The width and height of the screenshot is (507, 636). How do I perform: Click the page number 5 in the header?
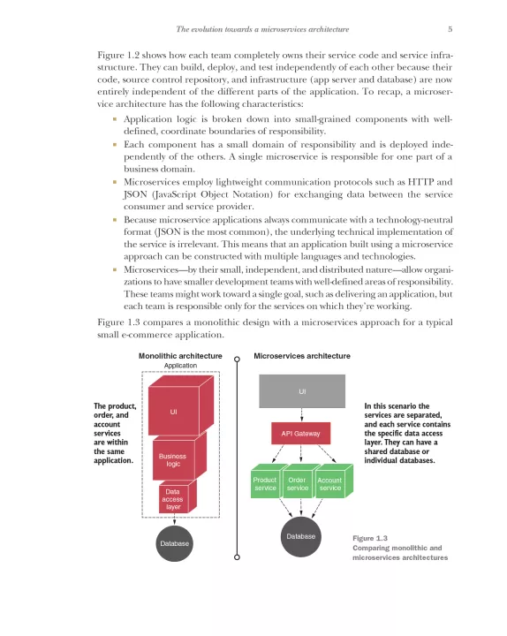point(450,29)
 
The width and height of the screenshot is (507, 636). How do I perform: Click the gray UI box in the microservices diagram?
point(302,391)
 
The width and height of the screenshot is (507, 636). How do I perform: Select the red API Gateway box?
point(300,433)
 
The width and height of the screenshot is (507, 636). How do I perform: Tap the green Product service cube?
point(266,482)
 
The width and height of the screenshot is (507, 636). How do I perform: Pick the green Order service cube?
point(298,482)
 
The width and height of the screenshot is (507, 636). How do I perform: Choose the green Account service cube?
point(333,482)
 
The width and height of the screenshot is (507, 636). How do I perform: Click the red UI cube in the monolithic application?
point(180,405)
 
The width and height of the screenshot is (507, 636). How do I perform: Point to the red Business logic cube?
point(179,456)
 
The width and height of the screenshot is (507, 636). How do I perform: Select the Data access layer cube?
point(178,496)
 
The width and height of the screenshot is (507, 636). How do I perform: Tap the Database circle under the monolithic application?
point(174,543)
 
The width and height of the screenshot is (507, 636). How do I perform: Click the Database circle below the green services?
point(301,537)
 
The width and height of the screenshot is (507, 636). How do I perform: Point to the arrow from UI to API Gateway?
point(301,415)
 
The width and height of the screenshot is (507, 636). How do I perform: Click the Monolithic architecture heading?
point(180,356)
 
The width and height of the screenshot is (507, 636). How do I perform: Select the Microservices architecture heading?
point(302,356)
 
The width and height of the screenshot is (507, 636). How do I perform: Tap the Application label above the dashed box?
point(180,366)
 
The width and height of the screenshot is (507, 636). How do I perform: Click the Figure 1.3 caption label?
point(370,538)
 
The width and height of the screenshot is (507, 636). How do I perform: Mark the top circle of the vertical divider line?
point(238,359)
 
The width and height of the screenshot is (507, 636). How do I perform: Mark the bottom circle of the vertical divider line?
point(238,556)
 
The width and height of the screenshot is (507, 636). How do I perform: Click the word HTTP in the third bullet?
point(420,182)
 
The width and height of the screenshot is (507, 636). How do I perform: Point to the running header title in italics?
point(262,29)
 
